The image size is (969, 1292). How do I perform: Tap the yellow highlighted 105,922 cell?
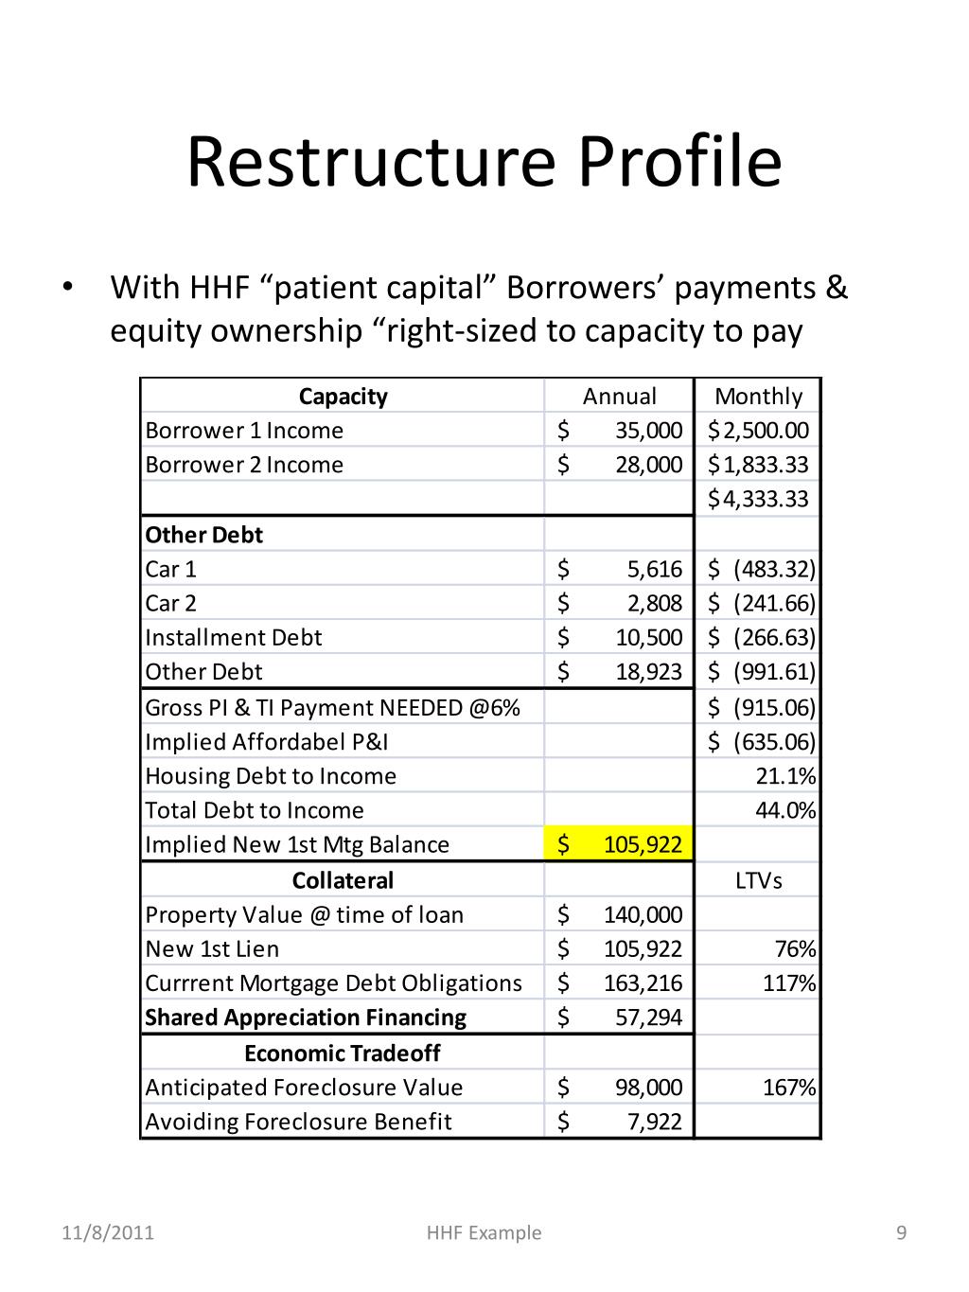click(x=620, y=844)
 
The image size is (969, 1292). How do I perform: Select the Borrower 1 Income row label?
click(x=244, y=431)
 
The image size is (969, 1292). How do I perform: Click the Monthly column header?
click(x=758, y=397)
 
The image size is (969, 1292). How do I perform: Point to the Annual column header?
click(x=619, y=397)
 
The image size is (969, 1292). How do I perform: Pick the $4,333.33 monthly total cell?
click(x=758, y=499)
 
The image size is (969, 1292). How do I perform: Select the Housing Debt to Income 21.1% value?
click(x=785, y=776)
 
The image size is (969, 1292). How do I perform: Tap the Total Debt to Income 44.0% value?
click(x=785, y=810)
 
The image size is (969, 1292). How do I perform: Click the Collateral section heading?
click(x=343, y=880)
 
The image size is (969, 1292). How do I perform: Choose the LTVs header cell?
click(x=758, y=880)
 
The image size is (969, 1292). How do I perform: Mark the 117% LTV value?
click(x=789, y=983)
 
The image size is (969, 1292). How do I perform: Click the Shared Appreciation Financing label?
click(x=306, y=1018)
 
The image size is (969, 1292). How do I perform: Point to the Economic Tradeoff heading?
click(x=343, y=1053)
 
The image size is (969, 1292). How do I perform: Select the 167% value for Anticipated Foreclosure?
click(x=789, y=1088)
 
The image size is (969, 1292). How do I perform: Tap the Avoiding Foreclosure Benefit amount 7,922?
click(x=654, y=1122)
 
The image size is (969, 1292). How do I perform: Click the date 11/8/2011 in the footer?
click(x=108, y=1232)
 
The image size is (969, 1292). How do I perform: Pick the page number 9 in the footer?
click(x=901, y=1232)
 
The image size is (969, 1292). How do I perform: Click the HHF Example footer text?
click(x=484, y=1232)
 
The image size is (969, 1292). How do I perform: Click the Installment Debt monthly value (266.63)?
click(x=773, y=637)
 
